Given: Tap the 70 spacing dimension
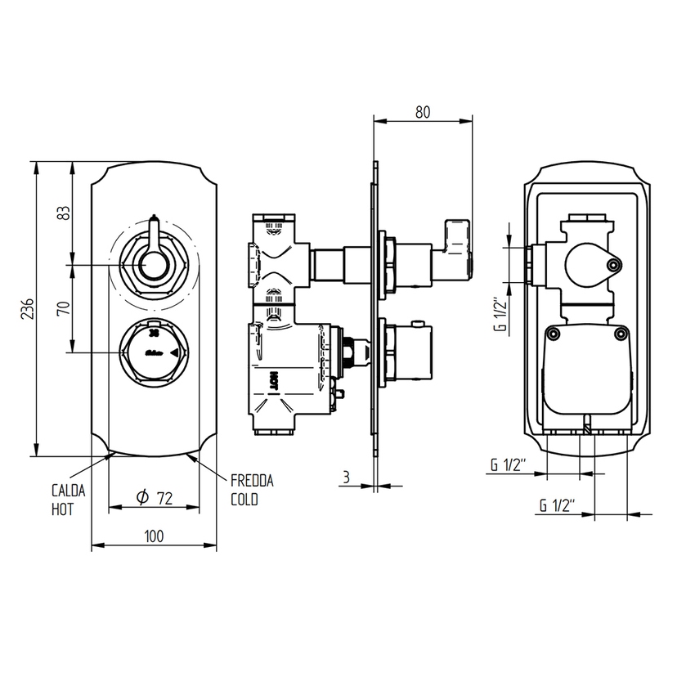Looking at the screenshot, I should click(x=63, y=308).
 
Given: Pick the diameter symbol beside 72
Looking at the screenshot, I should click(x=141, y=497).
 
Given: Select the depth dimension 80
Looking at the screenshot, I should click(x=422, y=112).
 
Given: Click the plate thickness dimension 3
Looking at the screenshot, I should click(x=347, y=477).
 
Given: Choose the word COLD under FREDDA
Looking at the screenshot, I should click(x=244, y=500).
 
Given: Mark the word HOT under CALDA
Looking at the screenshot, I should click(x=62, y=509).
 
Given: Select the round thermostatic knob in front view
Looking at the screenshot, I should click(x=153, y=352).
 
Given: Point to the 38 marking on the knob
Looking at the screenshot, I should click(x=153, y=334).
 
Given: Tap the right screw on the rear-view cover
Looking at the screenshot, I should click(x=621, y=333).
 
